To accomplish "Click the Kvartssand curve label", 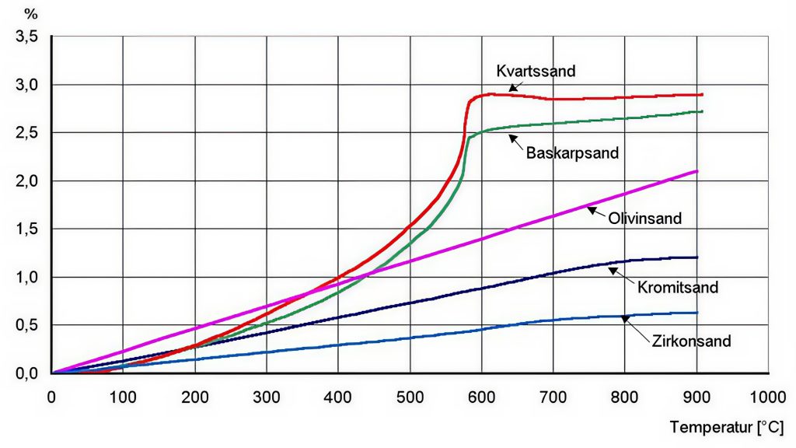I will coord(536,72).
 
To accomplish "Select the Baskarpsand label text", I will coord(572,152).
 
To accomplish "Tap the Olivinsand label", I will coord(644,219).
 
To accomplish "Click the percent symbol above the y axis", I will coord(31,13).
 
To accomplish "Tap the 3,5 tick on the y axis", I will coord(26,36).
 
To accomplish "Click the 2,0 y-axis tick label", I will coord(26,180).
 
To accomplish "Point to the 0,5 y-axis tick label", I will coord(26,325).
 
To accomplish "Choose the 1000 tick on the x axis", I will coord(767,396).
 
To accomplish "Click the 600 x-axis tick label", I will coord(481,396).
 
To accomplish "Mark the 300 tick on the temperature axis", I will coord(267,396).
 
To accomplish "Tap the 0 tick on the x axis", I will coord(51,396).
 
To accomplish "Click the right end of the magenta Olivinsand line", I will coord(697,171).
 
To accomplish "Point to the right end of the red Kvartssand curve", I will coord(701,95).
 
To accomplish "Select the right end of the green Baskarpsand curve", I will coord(702,111).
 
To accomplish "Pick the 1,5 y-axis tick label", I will coord(26,229).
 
